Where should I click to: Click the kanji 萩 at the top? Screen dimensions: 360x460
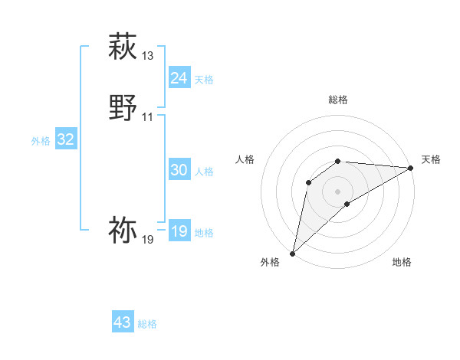click(x=123, y=47)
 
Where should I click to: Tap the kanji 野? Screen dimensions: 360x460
click(x=123, y=108)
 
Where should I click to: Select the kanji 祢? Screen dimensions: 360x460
click(x=123, y=230)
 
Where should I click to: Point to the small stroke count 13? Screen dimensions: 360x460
click(x=148, y=56)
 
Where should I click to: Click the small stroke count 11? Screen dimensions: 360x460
click(x=148, y=117)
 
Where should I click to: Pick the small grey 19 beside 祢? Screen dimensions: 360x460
click(x=148, y=240)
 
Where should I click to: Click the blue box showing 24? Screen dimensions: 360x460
click(x=179, y=78)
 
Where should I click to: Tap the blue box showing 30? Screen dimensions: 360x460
click(x=179, y=170)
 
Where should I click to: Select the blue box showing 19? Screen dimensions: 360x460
click(x=179, y=231)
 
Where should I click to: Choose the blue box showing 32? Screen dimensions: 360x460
click(x=65, y=139)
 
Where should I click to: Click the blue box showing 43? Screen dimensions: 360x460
click(x=123, y=322)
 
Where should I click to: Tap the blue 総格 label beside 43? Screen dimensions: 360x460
click(x=148, y=325)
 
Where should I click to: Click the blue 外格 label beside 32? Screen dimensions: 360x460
click(x=41, y=141)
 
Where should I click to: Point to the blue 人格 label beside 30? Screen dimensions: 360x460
click(x=205, y=172)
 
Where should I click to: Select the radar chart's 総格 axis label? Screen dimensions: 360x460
click(x=338, y=100)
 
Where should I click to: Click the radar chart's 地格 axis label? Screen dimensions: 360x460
click(x=402, y=262)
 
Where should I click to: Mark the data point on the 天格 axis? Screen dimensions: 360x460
click(x=412, y=168)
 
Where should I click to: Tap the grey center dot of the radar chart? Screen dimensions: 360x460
click(x=338, y=191)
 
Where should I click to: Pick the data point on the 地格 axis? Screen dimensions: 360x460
click(x=347, y=204)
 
